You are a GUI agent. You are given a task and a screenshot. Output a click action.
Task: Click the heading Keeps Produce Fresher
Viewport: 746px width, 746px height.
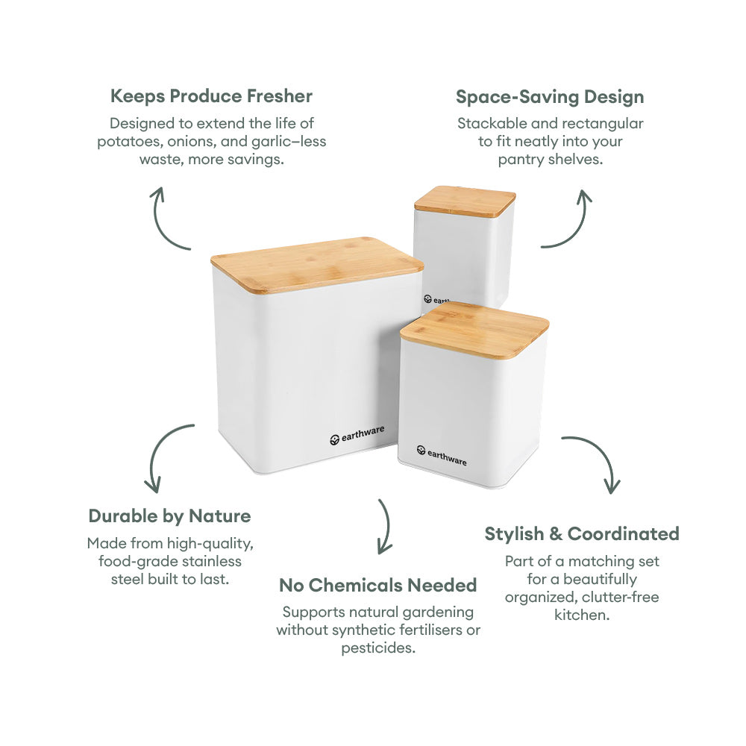[x=211, y=96]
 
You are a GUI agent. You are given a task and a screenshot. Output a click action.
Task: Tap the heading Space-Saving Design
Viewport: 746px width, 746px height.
[x=550, y=97]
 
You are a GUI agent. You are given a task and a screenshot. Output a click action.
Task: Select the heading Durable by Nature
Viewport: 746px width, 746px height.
[x=169, y=516]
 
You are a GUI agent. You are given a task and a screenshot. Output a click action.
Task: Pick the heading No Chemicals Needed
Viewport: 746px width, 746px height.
[x=377, y=586]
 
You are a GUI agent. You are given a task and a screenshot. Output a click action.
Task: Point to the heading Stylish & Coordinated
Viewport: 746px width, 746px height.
[x=582, y=534]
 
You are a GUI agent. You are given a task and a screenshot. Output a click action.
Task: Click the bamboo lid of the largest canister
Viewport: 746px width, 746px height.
[x=317, y=263]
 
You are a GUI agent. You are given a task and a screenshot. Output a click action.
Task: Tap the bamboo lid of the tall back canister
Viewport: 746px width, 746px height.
[x=465, y=201]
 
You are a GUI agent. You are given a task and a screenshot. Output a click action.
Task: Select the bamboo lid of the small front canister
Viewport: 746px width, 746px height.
[x=474, y=329]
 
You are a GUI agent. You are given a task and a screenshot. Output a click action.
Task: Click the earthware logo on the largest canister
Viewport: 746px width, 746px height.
[x=357, y=436]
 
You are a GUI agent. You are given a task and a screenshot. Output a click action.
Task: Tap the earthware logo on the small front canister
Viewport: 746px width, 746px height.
[x=442, y=455]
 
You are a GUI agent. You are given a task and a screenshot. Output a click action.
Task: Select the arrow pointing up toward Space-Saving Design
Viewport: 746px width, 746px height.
[x=570, y=219]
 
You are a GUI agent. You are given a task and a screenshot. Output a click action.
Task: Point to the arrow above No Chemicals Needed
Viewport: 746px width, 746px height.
[x=384, y=526]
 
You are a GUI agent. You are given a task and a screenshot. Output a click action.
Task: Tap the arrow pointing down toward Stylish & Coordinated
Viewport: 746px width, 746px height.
[x=597, y=463]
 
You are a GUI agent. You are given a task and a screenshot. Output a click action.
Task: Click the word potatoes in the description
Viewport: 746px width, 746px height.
[x=125, y=142]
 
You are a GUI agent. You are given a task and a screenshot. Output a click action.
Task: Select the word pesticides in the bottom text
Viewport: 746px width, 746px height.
[x=378, y=648]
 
